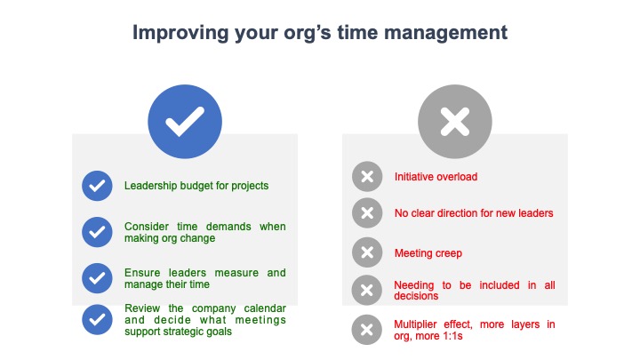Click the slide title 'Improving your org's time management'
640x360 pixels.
tap(320, 33)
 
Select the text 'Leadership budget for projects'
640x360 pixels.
tap(196, 186)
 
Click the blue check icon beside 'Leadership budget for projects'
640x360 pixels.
tap(96, 186)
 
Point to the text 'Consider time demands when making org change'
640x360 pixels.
tap(204, 232)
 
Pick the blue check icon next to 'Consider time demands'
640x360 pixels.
tap(96, 232)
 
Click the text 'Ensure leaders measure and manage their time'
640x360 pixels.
tap(204, 278)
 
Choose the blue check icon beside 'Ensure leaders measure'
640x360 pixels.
tap(96, 278)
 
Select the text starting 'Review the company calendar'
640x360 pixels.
tap(204, 320)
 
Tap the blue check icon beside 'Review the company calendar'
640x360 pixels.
tap(96, 320)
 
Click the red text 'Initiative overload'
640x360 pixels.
tap(436, 177)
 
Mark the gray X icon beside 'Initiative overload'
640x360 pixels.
tap(366, 177)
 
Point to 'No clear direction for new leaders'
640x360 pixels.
tap(474, 213)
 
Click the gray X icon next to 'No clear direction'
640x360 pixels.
tap(366, 213)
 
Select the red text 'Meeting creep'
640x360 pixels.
tap(428, 253)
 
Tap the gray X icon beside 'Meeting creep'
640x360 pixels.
tap(366, 253)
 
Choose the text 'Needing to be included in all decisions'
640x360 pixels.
tap(474, 291)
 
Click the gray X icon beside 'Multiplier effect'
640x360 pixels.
tap(366, 330)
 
